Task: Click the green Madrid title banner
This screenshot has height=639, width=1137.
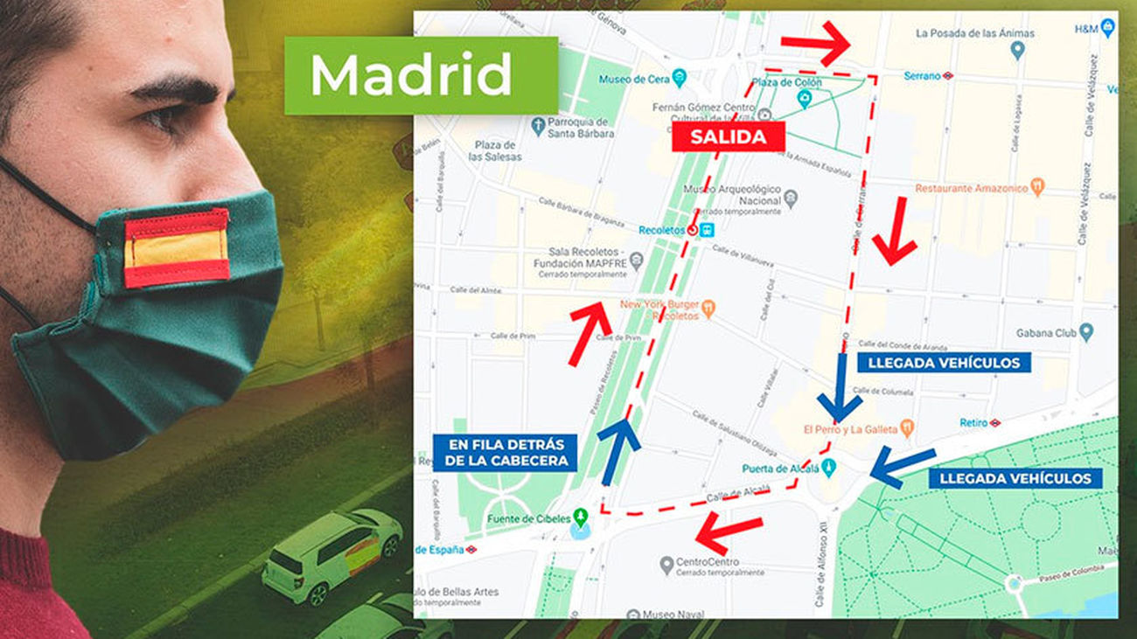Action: coord(421,75)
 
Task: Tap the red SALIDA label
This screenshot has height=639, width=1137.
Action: coord(728,137)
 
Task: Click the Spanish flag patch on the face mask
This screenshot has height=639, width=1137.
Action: coord(177,248)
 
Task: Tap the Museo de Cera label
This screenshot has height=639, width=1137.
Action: coord(634,79)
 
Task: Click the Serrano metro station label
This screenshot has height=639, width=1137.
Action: coord(923,76)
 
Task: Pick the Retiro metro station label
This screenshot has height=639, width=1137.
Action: coord(973,422)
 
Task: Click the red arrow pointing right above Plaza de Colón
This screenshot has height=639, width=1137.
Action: coord(816,43)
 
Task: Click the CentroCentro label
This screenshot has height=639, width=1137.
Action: coord(708,562)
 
